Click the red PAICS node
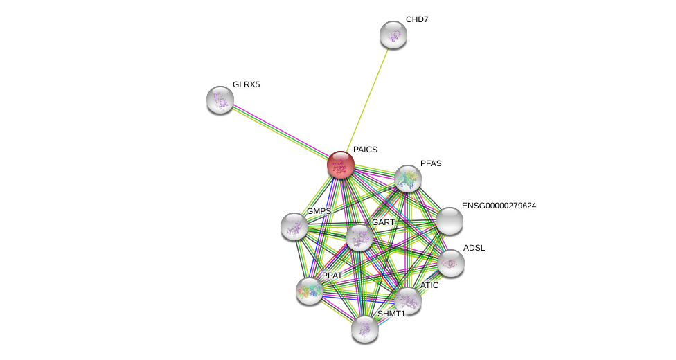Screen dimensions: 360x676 tap(341, 165)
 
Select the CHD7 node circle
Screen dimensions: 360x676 tap(393, 35)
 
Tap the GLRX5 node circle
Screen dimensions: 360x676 tap(220, 100)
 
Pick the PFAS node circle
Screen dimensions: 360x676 tap(408, 179)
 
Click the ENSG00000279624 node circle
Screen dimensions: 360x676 tap(450, 221)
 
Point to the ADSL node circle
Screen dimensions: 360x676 tap(451, 262)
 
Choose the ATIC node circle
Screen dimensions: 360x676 tap(408, 300)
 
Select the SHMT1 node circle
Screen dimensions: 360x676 tap(365, 329)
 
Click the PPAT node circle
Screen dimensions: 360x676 tap(310, 291)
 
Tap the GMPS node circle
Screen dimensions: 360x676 tap(294, 226)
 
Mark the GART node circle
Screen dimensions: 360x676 tap(359, 237)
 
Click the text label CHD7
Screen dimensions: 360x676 tap(417, 19)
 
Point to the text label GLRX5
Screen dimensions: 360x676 tap(246, 84)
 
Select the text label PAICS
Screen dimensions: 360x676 tap(365, 150)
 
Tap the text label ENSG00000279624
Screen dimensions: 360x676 tap(499, 206)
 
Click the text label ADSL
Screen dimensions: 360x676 tap(474, 248)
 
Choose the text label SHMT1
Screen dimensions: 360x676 tap(391, 314)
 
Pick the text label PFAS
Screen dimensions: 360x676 tap(431, 163)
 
